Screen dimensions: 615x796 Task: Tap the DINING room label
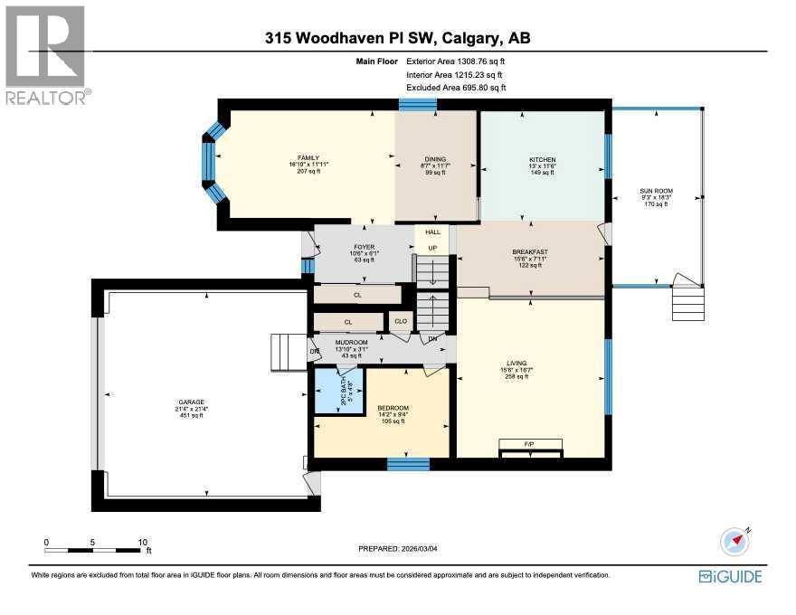click(x=435, y=159)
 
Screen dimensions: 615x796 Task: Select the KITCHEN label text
click(x=542, y=159)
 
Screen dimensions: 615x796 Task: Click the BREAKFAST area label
click(x=529, y=252)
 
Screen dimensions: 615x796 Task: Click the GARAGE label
click(x=192, y=402)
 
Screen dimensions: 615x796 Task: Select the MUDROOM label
click(x=351, y=343)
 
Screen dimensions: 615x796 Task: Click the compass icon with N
click(x=735, y=541)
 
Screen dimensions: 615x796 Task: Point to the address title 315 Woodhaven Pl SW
click(x=398, y=38)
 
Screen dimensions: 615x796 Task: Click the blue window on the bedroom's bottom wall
click(x=408, y=465)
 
